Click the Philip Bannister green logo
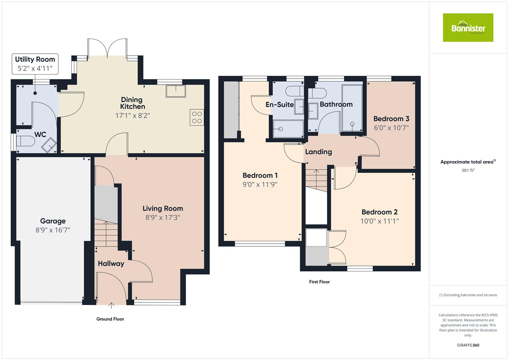point(468,28)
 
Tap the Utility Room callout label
point(35,59)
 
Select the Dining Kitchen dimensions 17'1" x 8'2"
point(133,116)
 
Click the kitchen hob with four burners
point(197,117)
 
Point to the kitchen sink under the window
point(176,91)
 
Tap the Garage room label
point(53,221)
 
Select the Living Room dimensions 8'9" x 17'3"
point(163,217)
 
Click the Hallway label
point(111,264)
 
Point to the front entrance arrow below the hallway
point(111,304)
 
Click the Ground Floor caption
point(110,319)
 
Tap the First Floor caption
point(319,282)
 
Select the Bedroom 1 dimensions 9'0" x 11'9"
point(260,184)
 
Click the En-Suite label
point(280,105)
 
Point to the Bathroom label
point(336,104)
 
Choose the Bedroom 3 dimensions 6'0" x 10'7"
point(391,128)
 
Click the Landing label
point(318,152)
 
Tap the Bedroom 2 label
point(379,212)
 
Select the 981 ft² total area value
point(468,170)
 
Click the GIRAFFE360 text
point(468,345)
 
